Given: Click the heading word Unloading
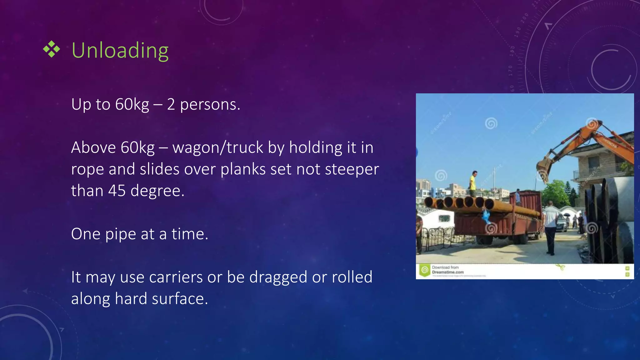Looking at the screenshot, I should [120, 51].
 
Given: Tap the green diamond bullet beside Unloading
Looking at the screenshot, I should [52, 49].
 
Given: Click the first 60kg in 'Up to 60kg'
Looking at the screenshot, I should [132, 104].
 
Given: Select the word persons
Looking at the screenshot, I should [210, 104].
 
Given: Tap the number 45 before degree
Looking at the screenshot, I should [117, 191].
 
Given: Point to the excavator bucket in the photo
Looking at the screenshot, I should [544, 169].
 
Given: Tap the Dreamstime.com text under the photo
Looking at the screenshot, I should [448, 272].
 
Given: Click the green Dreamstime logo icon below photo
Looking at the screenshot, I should [424, 270].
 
